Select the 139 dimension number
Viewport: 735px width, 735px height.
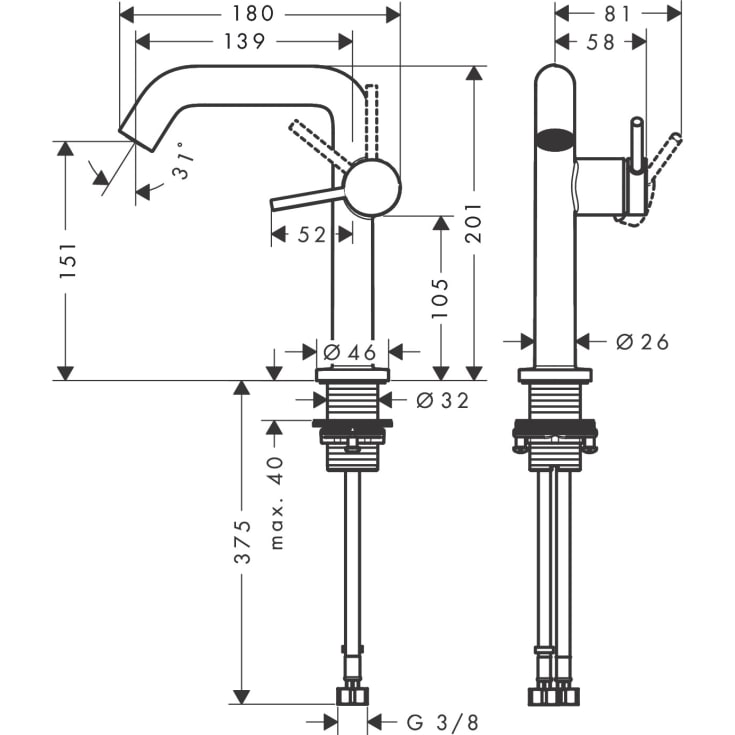[x=243, y=41]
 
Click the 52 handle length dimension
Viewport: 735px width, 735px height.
[x=312, y=235]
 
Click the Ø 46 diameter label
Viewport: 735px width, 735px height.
[x=348, y=352]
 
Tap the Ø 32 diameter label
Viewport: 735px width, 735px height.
[x=441, y=401]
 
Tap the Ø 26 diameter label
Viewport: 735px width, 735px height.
[x=642, y=343]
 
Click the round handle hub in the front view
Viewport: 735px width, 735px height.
[x=372, y=186]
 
